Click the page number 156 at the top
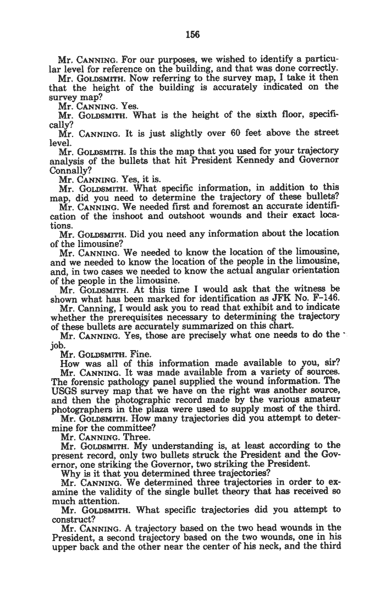[192, 34]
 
